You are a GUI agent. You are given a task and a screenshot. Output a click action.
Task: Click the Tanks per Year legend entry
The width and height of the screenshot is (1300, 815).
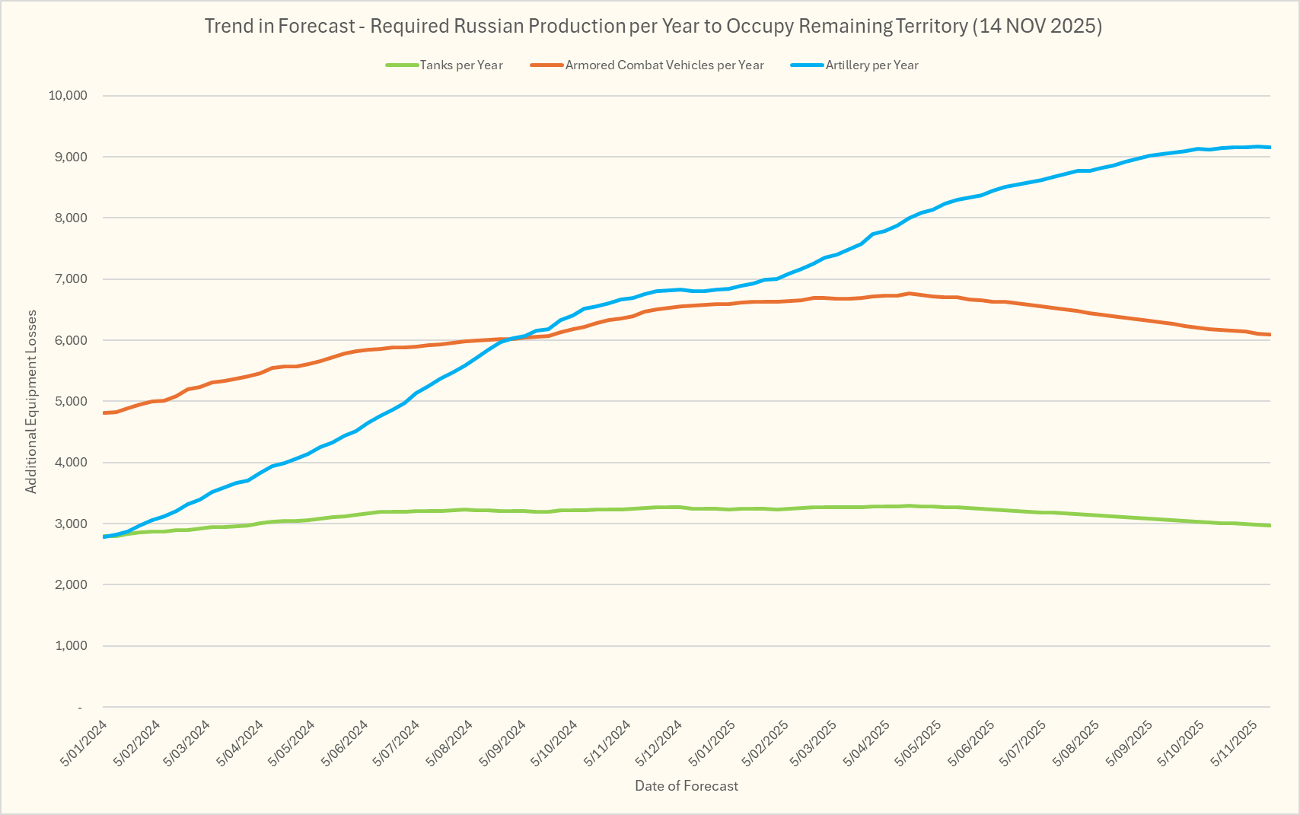point(460,65)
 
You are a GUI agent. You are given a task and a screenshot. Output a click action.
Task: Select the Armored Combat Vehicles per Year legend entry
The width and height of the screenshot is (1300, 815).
point(664,65)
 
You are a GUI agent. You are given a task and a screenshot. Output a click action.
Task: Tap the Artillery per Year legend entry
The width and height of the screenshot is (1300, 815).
point(871,65)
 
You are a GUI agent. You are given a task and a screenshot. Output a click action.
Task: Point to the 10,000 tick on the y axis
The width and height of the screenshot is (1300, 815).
point(68,96)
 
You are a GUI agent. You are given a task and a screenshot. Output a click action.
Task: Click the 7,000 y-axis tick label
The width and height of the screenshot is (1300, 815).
point(71,279)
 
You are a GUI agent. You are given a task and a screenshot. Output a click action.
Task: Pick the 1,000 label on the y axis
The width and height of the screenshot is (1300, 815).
point(71,646)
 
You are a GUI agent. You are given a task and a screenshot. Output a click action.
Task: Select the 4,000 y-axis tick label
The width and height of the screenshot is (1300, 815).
point(71,463)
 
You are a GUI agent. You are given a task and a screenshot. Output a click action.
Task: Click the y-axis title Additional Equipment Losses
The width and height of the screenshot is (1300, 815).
point(31,401)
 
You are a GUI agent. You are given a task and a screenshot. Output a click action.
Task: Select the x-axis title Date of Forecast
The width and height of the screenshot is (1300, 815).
point(687,786)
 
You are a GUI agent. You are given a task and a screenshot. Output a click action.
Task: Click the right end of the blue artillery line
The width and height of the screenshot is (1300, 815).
point(1270,147)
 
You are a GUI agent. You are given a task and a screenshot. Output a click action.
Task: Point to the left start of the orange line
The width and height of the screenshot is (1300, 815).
point(104,413)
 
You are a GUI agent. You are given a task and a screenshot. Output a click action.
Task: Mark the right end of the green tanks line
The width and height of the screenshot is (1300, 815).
point(1270,525)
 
